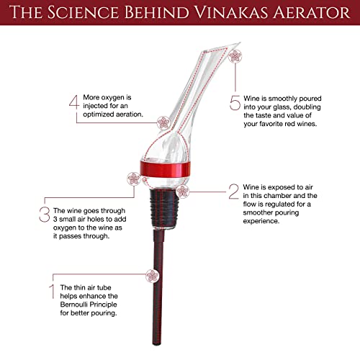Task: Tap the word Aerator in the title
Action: click(311, 12)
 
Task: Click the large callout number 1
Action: click(52, 292)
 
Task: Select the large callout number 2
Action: click(233, 192)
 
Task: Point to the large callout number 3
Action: click(45, 215)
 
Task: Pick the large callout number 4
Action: click(74, 102)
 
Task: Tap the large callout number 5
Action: click(235, 103)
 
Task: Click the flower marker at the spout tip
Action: click(235, 56)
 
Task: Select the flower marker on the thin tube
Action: click(152, 276)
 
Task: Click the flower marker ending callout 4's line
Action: click(163, 123)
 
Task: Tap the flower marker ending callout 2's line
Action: click(183, 192)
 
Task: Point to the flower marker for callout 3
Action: click(134, 179)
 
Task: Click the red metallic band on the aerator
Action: click(166, 169)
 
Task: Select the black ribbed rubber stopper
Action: click(164, 208)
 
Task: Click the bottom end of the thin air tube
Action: click(157, 344)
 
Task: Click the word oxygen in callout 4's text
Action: click(113, 98)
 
